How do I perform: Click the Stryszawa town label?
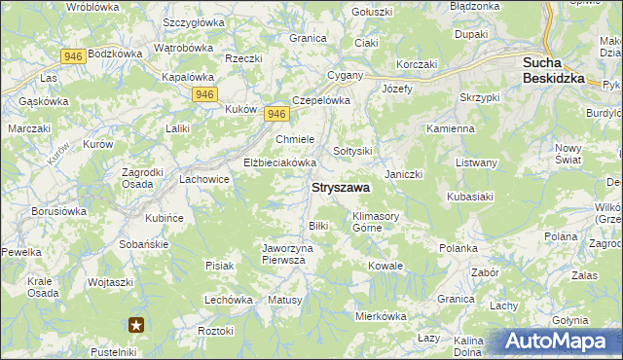pyautogui.click(x=340, y=188)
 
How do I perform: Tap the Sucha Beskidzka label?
pyautogui.click(x=553, y=69)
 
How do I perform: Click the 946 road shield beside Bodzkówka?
pyautogui.click(x=71, y=56)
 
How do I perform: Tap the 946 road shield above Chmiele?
pyautogui.click(x=275, y=114)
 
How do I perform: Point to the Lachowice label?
pyautogui.click(x=204, y=180)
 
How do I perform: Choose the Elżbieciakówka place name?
pyautogui.click(x=280, y=162)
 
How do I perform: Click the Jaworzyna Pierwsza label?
pyautogui.click(x=291, y=254)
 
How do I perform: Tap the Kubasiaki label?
pyautogui.click(x=474, y=197)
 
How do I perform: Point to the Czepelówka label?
pyautogui.click(x=320, y=99)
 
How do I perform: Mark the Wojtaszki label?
pyautogui.click(x=110, y=282)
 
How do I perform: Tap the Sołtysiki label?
pyautogui.click(x=353, y=151)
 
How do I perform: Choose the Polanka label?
pyautogui.click(x=458, y=248)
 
